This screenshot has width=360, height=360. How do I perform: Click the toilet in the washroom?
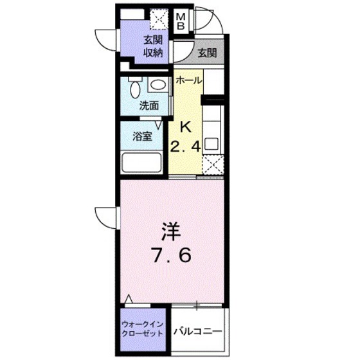pos(134,88)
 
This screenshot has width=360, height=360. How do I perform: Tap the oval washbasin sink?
pos(157,85)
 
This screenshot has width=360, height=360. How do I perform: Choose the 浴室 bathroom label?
pos(142,136)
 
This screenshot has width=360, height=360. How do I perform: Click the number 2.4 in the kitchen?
pos(186,146)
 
